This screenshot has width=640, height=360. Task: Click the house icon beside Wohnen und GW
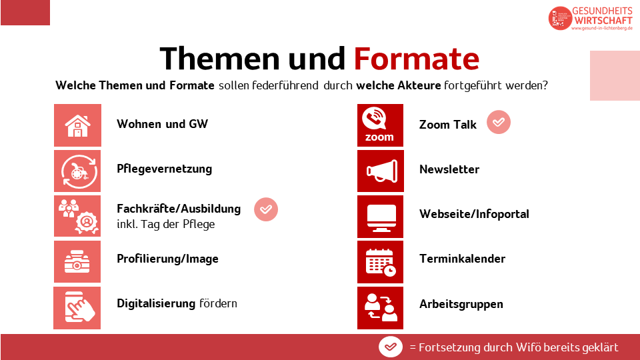coord(77,125)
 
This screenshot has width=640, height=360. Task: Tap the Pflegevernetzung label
coord(164,169)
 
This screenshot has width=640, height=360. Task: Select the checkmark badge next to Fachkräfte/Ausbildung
coord(266,209)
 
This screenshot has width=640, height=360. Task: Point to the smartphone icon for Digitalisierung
coord(77,307)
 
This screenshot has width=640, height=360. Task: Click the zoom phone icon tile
coord(380,125)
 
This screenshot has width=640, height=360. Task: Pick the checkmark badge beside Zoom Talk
coord(499,122)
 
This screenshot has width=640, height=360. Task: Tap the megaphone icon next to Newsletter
coord(380,170)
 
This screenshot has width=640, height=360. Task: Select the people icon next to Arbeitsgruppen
coord(380,307)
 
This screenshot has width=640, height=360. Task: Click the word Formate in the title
coord(416,59)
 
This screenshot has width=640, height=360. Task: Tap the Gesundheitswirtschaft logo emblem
coord(559,18)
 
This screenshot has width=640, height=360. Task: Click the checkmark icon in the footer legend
coord(391,347)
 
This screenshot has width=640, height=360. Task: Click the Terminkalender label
coord(462,259)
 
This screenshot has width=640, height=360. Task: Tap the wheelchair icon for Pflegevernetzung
coord(77,171)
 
